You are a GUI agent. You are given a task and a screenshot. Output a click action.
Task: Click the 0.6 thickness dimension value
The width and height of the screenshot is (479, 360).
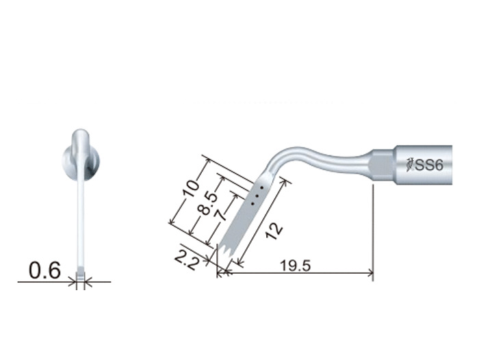pos(44,271)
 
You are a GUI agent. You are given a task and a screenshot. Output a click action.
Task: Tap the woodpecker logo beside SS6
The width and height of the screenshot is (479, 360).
pos(409,165)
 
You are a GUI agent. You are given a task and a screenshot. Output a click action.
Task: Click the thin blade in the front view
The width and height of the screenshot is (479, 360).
pos(81,226)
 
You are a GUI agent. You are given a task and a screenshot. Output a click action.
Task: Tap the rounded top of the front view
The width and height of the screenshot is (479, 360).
pos(81,133)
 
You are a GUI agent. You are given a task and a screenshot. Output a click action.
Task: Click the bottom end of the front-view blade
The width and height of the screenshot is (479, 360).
pos(81,278)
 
